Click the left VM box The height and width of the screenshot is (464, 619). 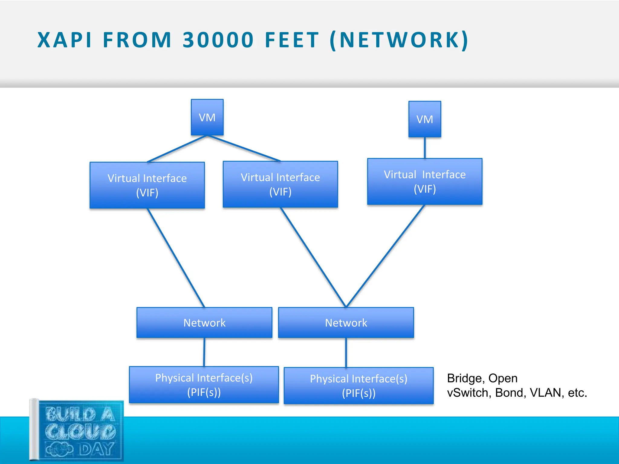pyautogui.click(x=207, y=117)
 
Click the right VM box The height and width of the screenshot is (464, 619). pyautogui.click(x=425, y=119)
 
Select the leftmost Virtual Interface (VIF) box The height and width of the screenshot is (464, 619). pyautogui.click(x=147, y=185)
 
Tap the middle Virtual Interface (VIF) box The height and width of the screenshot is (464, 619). pyautogui.click(x=280, y=184)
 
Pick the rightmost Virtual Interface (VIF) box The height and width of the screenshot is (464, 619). pyautogui.click(x=425, y=182)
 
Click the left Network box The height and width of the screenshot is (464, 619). pyautogui.click(x=204, y=323)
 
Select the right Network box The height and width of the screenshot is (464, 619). pyautogui.click(x=346, y=323)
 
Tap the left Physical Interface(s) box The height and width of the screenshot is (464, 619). pyautogui.click(x=204, y=385)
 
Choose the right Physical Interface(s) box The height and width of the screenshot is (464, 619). pyautogui.click(x=358, y=386)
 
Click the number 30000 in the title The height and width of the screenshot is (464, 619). pyautogui.click(x=218, y=40)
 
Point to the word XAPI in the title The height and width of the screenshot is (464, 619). pyautogui.click(x=64, y=40)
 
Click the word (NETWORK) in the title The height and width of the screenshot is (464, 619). pyautogui.click(x=399, y=40)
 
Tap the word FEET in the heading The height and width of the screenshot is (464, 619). pyautogui.click(x=292, y=40)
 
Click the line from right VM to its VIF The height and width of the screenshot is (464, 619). pyautogui.click(x=425, y=148)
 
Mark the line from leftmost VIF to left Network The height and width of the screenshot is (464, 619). pyautogui.click(x=176, y=258)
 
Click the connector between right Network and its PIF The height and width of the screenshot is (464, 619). pyautogui.click(x=346, y=352)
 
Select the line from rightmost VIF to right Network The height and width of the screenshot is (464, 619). pyautogui.click(x=385, y=256)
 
